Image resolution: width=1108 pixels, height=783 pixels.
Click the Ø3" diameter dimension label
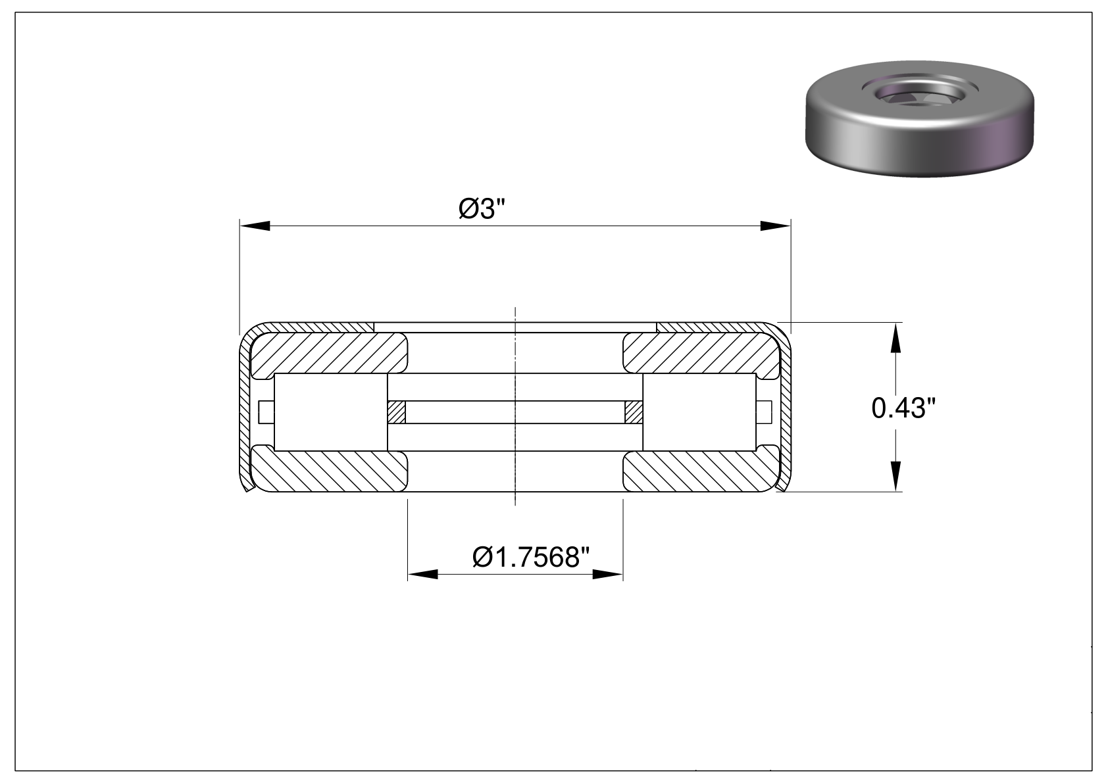pos(482,208)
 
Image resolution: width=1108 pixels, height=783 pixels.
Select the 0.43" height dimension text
pos(903,408)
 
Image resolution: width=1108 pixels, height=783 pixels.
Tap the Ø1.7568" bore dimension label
pos(531,558)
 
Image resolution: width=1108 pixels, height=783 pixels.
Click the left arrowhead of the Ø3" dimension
pos(255,226)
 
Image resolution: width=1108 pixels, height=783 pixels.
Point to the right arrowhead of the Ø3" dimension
pos(776,226)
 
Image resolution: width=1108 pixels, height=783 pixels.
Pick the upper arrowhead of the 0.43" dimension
pos(895,338)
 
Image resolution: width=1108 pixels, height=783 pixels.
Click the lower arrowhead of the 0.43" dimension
pos(895,477)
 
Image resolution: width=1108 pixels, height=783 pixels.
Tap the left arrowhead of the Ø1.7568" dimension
pos(422,575)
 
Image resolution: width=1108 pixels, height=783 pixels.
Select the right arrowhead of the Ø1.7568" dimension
pos(608,575)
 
